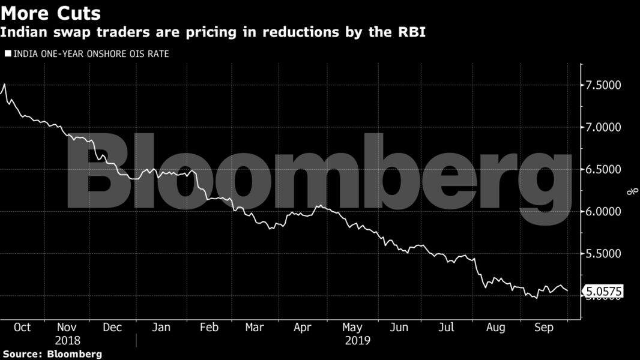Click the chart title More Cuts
click(x=51, y=13)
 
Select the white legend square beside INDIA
click(x=8, y=54)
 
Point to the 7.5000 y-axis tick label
click(x=603, y=85)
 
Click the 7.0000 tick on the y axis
click(x=603, y=127)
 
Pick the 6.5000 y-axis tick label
click(x=603, y=170)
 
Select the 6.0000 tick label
click(x=603, y=212)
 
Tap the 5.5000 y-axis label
click(x=603, y=254)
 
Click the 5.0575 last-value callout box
click(x=603, y=292)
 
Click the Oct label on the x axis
click(x=22, y=328)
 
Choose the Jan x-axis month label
click(x=161, y=328)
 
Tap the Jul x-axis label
click(x=445, y=328)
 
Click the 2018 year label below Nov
click(x=68, y=341)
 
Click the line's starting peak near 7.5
click(x=5, y=85)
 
